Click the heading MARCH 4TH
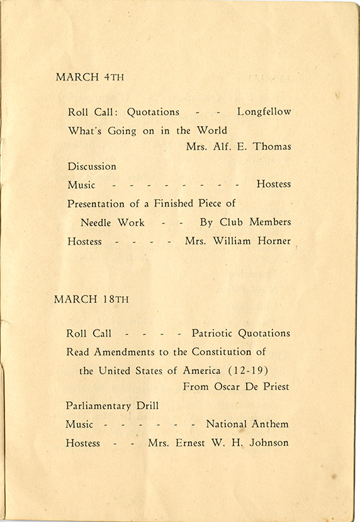coord(89,77)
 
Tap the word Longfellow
coord(264,113)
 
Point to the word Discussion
coord(92,166)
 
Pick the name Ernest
coord(194,443)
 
